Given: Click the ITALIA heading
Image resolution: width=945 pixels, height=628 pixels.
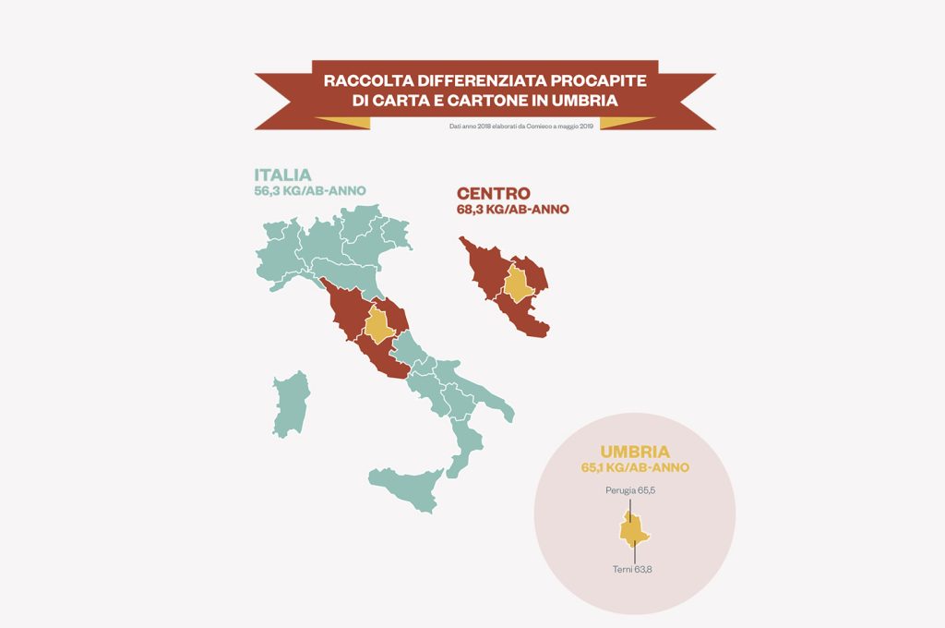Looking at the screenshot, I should pos(283,175).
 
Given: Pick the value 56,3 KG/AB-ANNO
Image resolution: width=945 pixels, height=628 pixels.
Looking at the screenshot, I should pos(310,191).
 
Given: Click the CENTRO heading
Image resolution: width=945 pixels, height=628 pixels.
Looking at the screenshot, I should pos(493,194).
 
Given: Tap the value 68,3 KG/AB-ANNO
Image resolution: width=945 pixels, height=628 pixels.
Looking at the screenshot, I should pos(512,210).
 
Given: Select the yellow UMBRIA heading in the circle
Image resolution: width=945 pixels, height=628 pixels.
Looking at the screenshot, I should pos(634,452).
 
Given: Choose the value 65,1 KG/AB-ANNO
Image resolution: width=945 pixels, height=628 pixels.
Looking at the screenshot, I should pos(634,468).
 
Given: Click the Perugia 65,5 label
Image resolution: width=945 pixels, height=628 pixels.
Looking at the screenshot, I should pos(630,489).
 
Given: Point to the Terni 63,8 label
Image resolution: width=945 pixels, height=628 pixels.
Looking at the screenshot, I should pos(632,569).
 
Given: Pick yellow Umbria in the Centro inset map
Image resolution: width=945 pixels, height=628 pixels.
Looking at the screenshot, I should pos(518,284).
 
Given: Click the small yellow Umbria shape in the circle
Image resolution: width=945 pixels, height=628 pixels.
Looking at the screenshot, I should pos(633,532).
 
